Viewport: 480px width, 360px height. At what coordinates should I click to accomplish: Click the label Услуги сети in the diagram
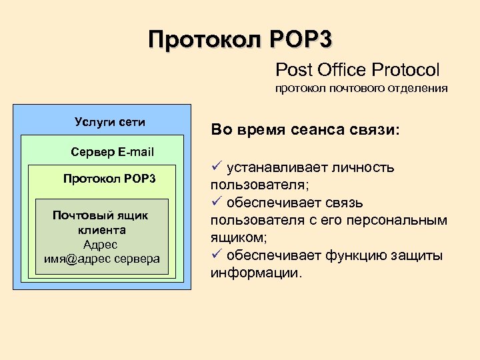110,122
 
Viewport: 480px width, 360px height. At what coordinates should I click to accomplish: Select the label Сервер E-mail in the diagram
112,152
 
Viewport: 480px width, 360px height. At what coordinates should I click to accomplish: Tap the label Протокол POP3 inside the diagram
109,179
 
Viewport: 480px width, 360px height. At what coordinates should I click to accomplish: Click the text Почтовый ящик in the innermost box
101,215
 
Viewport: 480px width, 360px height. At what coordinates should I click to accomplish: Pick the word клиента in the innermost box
101,230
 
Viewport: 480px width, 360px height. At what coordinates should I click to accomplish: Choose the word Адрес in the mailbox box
101,244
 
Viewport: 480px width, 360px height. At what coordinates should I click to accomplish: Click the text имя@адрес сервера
102,259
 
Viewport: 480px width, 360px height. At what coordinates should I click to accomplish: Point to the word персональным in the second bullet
407,220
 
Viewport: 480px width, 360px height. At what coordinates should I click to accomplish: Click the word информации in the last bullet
256,273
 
